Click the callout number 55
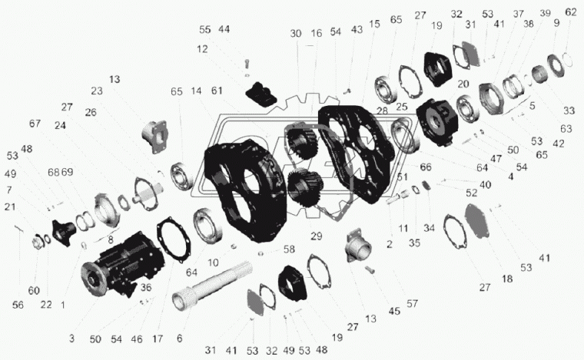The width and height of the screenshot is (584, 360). [204, 30]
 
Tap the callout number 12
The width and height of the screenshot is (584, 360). [202, 49]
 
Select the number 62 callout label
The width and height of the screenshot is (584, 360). [571, 12]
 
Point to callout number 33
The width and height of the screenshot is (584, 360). [569, 111]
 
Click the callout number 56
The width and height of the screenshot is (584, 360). [18, 305]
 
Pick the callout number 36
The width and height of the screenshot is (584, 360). [146, 288]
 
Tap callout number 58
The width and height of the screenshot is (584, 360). [289, 249]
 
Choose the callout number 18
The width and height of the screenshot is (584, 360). [507, 279]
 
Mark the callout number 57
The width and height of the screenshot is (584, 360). [412, 304]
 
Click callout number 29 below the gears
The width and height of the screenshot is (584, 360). [317, 236]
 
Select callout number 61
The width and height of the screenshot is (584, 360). [217, 91]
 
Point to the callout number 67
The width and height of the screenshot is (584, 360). [35, 124]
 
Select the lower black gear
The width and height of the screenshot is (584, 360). [304, 187]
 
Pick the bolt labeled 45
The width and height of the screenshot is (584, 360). [370, 270]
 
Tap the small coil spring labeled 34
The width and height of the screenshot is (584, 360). [426, 185]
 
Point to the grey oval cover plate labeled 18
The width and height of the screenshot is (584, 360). [478, 220]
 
